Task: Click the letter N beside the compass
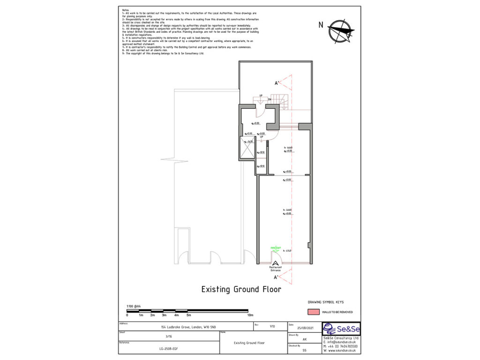coord(321,25)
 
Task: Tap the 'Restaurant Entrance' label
coord(275,269)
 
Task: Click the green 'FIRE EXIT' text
coord(276,247)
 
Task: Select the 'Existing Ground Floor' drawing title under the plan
coord(241,289)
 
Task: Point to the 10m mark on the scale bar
coord(250,315)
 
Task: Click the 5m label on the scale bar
coord(188,315)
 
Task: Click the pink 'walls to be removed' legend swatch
coord(314,312)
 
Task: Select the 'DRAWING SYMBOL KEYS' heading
coord(328,302)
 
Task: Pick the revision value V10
coord(272,326)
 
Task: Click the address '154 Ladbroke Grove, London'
coord(187,326)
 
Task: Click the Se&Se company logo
coord(341,329)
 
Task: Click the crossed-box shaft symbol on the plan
coord(247,148)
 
